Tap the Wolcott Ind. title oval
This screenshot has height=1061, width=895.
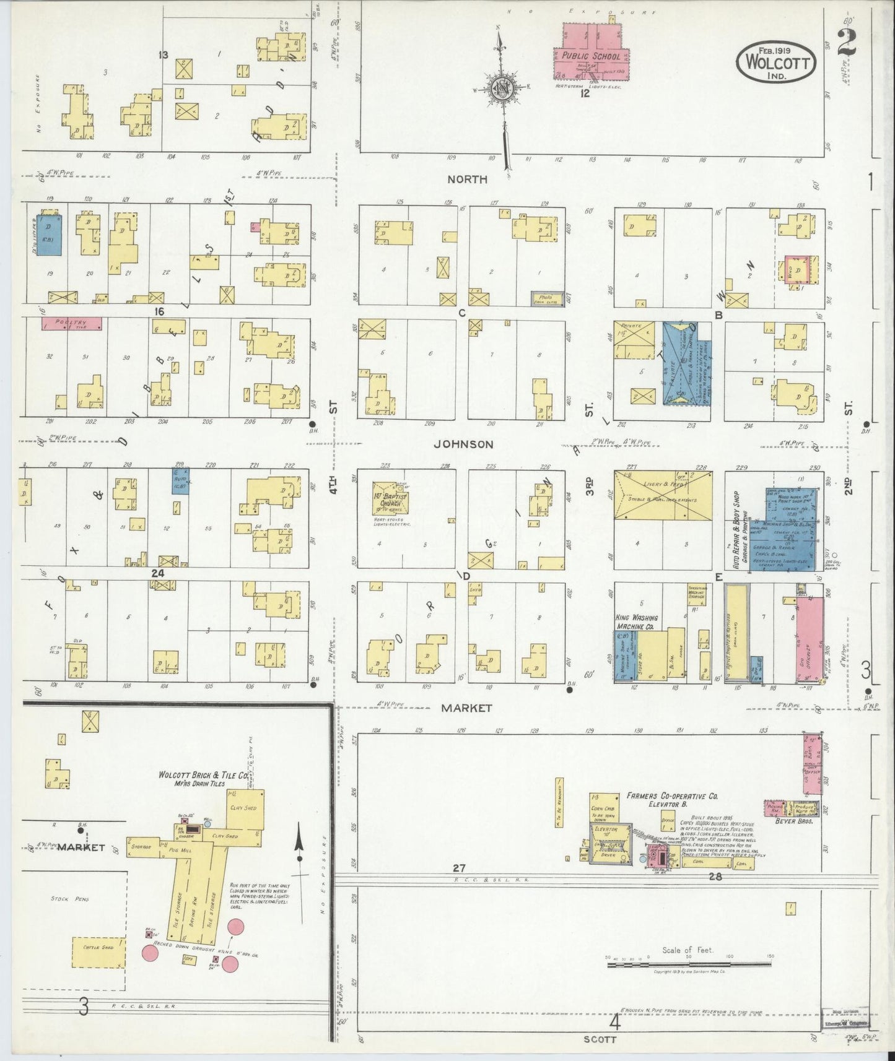coord(776,62)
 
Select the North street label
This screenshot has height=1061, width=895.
coord(468,180)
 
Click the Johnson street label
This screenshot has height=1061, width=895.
coord(463,444)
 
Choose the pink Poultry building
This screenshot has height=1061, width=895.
coord(71,323)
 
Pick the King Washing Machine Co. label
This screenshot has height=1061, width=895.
coord(637,622)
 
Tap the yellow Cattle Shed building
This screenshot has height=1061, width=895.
coord(98,964)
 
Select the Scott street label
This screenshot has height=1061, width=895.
coord(600,1040)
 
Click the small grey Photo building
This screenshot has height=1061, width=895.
coord(547,298)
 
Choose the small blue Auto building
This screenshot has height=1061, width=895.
coord(180,480)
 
